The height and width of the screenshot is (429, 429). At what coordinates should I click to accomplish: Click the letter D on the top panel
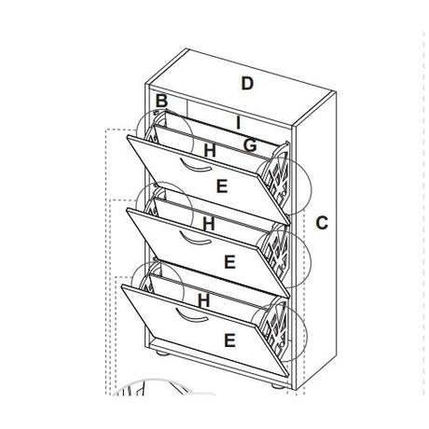(247, 83)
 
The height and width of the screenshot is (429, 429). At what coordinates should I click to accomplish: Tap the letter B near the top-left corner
(161, 101)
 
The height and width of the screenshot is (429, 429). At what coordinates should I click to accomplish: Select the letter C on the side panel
(322, 223)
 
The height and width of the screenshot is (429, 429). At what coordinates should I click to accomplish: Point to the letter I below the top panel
(238, 123)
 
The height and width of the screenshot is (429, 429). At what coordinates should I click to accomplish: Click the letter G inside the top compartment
(250, 145)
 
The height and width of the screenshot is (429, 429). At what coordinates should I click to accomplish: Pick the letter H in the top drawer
(210, 150)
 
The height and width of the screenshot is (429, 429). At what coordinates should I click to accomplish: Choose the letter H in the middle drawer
(209, 224)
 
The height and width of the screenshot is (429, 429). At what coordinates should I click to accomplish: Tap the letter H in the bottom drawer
(204, 300)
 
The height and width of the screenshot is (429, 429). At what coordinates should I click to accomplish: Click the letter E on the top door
(222, 187)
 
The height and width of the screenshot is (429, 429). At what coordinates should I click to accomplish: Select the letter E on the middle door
(229, 262)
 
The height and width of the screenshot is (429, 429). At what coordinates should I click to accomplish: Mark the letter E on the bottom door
(229, 340)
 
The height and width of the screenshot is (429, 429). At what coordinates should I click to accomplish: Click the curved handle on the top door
(194, 167)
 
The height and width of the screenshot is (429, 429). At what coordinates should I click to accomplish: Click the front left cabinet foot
(162, 353)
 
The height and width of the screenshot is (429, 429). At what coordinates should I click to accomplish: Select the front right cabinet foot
(278, 387)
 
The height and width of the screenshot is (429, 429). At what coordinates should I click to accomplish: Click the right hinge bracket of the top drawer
(277, 177)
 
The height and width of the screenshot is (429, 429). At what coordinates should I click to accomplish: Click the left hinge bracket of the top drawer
(156, 128)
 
